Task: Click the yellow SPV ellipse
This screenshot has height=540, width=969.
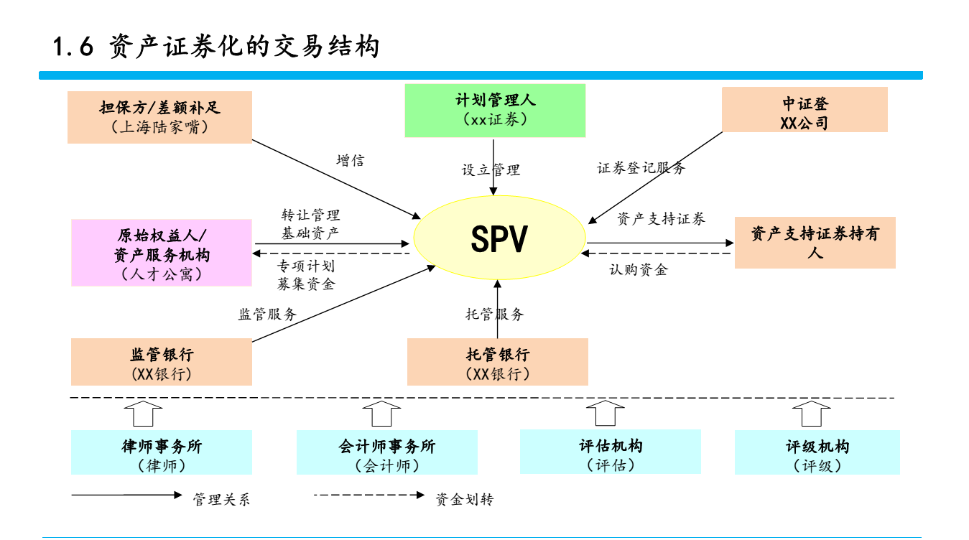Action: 499,239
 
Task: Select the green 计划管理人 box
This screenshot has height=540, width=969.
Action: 494,110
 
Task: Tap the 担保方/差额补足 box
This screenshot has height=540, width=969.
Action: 159,117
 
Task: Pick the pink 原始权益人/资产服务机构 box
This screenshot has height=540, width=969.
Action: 162,253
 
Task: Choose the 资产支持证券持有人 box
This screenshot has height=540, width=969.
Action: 815,243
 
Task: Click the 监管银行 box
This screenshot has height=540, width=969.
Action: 162,363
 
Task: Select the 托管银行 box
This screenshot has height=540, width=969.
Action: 497,363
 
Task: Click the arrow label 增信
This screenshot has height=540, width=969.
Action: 350,161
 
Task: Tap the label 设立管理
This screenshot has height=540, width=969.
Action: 491,170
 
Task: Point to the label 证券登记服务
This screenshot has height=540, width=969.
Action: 641,168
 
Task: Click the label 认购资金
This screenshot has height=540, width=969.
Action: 638,270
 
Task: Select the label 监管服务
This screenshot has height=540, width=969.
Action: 267,314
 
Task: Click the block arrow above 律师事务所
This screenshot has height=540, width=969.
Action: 143,414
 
